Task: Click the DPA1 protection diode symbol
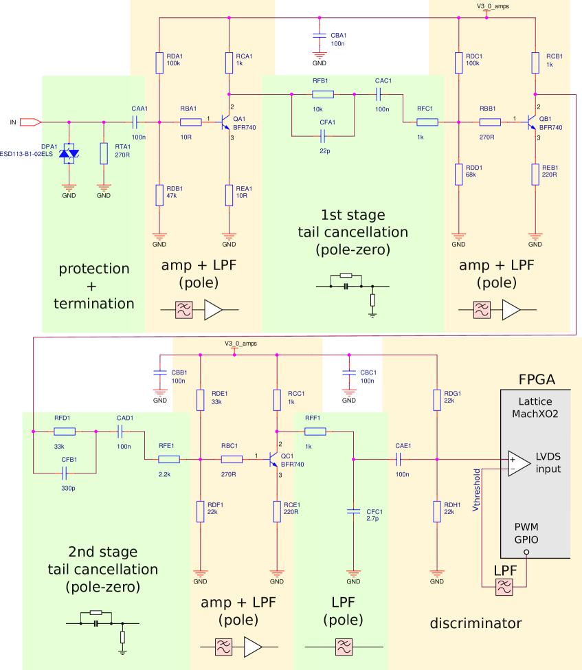coord(68,153)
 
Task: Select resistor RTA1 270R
coord(104,153)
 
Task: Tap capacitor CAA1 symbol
coord(135,122)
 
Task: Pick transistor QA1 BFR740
coord(225,123)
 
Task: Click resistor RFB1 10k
coord(322,95)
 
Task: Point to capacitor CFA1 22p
coord(322,136)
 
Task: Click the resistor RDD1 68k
coord(458,175)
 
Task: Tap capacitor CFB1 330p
coord(65,473)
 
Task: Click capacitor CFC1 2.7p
coord(353,511)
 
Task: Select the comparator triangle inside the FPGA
coord(517,462)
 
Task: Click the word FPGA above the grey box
coord(537,380)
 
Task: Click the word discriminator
coord(475,623)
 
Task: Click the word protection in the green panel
coord(93,268)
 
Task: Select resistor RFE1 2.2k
coord(168,459)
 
